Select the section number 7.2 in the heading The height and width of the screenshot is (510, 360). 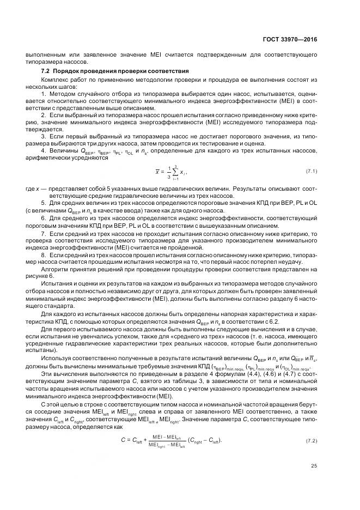[46, 71]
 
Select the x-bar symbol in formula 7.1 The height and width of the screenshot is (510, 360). [157, 172]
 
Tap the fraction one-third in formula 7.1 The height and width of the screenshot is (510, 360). [168, 172]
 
